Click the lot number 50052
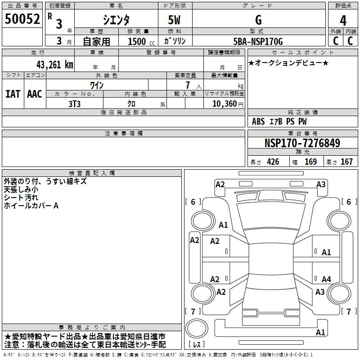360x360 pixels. [x=22, y=19]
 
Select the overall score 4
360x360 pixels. [x=343, y=21]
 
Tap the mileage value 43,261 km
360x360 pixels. [x=54, y=65]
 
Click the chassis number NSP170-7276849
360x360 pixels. [x=302, y=143]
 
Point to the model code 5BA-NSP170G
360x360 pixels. [x=258, y=41]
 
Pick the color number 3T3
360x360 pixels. [x=74, y=104]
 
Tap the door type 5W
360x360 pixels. [x=174, y=20]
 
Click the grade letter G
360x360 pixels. [x=258, y=20]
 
